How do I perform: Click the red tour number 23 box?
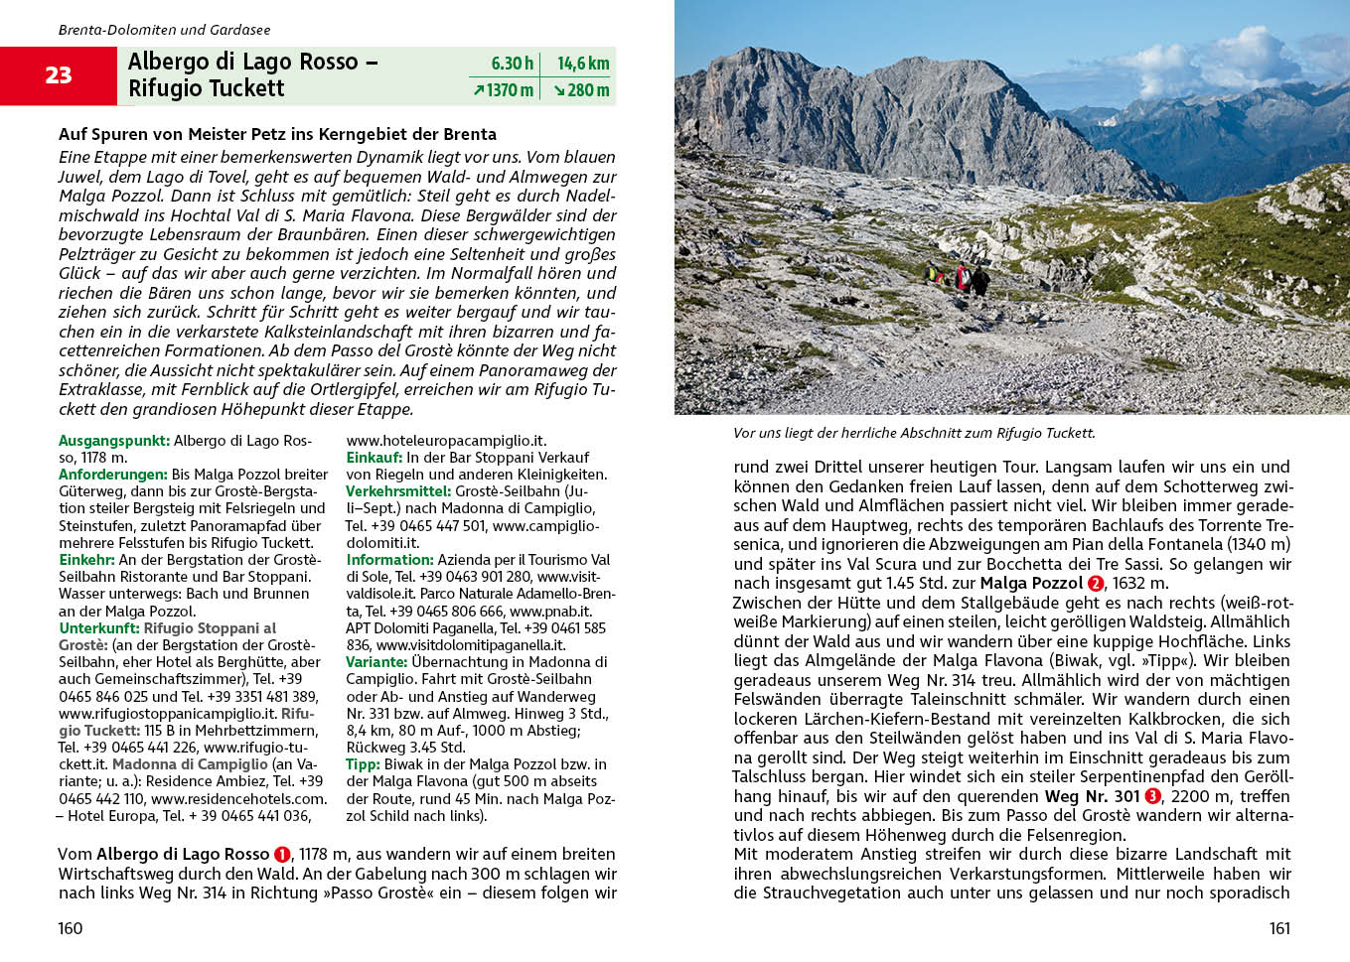tap(58, 75)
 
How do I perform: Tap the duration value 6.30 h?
tap(512, 64)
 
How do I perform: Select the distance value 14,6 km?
tap(583, 64)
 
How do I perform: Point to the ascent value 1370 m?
tap(504, 90)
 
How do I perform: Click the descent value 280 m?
tap(581, 90)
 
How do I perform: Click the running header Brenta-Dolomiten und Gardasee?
tap(164, 30)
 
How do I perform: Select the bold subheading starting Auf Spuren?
tap(277, 134)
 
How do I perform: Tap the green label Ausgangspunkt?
tap(113, 441)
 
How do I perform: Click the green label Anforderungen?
tap(112, 475)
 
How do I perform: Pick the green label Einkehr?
tap(86, 560)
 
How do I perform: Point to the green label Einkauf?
tap(374, 458)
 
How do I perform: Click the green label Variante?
tap(376, 662)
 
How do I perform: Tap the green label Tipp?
tap(363, 764)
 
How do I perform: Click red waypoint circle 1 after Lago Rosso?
tap(282, 855)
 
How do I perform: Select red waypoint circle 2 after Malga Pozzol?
tap(1096, 584)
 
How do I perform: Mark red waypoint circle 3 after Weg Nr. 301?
tap(1152, 796)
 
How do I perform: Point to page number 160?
tap(71, 928)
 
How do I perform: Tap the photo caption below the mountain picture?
tap(914, 433)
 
